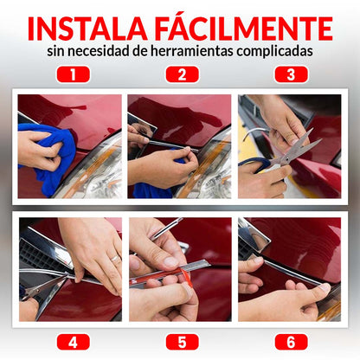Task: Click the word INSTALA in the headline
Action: pos(87,29)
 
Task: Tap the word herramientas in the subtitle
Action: pos(191,51)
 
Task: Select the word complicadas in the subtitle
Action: pos(275,52)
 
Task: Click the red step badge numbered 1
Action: pos(74,74)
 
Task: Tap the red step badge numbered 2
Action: pos(183,74)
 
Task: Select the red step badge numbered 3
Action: pos(292,74)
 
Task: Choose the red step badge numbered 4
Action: pos(74,342)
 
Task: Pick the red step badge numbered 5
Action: pos(183,342)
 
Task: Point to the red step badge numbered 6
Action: pos(292,342)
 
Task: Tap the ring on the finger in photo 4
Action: pos(115,258)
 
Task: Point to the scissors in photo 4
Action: pos(46,286)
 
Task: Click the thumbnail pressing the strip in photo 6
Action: pos(325,287)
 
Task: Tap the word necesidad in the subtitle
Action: pos(99,51)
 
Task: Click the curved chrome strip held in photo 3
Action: pos(254,132)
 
